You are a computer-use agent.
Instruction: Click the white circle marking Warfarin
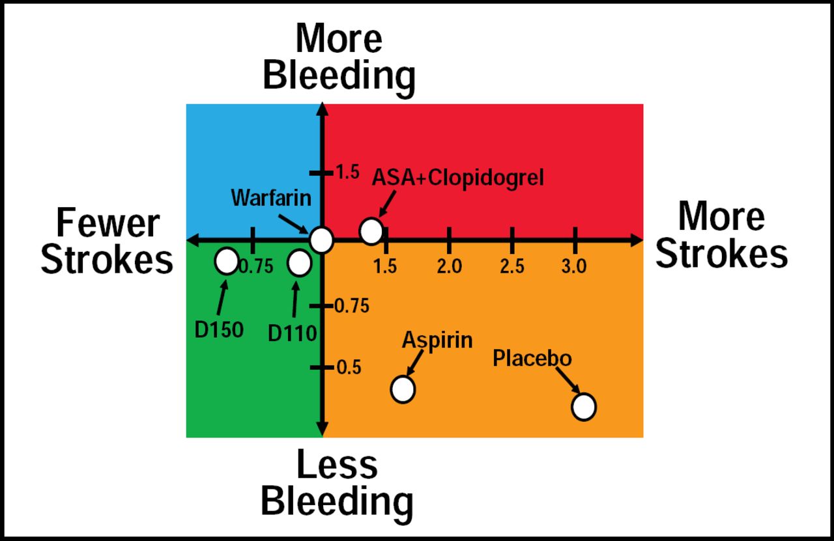pos(321,240)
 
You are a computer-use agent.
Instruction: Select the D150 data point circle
pos(226,261)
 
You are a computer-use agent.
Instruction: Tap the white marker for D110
pos(299,263)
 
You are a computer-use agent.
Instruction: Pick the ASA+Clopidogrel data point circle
pos(371,230)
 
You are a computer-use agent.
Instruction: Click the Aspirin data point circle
pos(403,389)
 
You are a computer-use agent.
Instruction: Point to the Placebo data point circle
pos(584,406)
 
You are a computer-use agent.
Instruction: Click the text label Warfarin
pos(270,197)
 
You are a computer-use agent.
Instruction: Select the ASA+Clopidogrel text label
pos(457,177)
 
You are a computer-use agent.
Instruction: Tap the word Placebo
pos(532,359)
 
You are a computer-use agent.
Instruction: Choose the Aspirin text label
pos(437,340)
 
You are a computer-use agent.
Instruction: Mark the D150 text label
pos(219,329)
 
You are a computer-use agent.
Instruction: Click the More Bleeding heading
pos(339,57)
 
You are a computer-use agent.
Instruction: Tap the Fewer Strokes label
pos(107,242)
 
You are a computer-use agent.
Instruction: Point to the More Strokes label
pos(721,234)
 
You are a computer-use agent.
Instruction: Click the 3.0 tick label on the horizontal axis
pos(574,266)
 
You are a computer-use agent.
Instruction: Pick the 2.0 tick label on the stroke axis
pos(449,266)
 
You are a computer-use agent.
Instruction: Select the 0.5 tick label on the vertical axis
pos(348,368)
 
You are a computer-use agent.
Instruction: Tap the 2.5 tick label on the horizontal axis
pos(512,266)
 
